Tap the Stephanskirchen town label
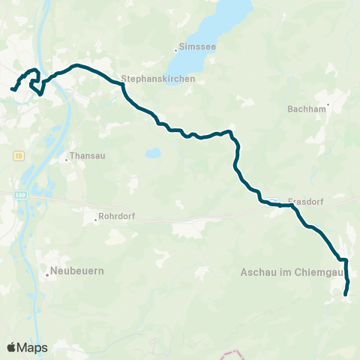coord(158,78)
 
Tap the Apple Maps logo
coord(27,347)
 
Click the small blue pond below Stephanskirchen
coord(153,153)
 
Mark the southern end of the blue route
coord(345,295)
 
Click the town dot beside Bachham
coord(328,103)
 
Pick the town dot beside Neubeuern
coord(47,274)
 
